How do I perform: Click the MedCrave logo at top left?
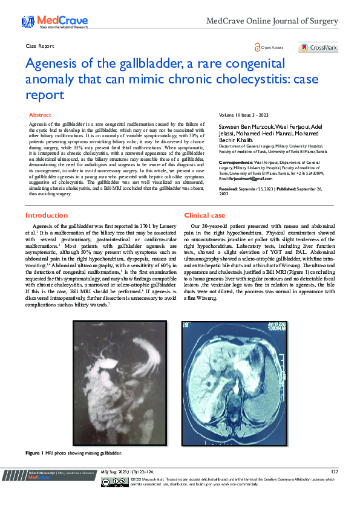pos(54,22)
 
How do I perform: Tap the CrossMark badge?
pos(318,47)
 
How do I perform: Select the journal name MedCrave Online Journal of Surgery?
pos(272,21)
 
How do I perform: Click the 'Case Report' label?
pos(40,46)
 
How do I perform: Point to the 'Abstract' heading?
pos(40,114)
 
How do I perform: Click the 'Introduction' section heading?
pos(47,215)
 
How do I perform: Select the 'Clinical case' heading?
pos(205,215)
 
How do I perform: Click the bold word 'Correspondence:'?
pos(236,163)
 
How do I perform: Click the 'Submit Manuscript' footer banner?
pos(53,475)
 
